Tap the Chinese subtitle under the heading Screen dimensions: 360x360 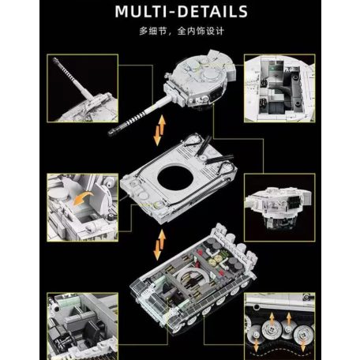182,31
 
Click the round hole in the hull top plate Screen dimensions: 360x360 175,178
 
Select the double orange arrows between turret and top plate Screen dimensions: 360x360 159,130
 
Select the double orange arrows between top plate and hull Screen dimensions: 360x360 159,245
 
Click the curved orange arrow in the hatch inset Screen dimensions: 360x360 83,198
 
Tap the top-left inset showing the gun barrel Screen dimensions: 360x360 82,88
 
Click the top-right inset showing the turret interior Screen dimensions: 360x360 279,88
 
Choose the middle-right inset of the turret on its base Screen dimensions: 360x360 279,207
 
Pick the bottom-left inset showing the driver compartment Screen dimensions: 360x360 82,326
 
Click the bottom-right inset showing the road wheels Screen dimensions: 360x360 279,326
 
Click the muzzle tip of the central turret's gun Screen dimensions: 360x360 111,133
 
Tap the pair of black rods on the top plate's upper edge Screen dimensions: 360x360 203,145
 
